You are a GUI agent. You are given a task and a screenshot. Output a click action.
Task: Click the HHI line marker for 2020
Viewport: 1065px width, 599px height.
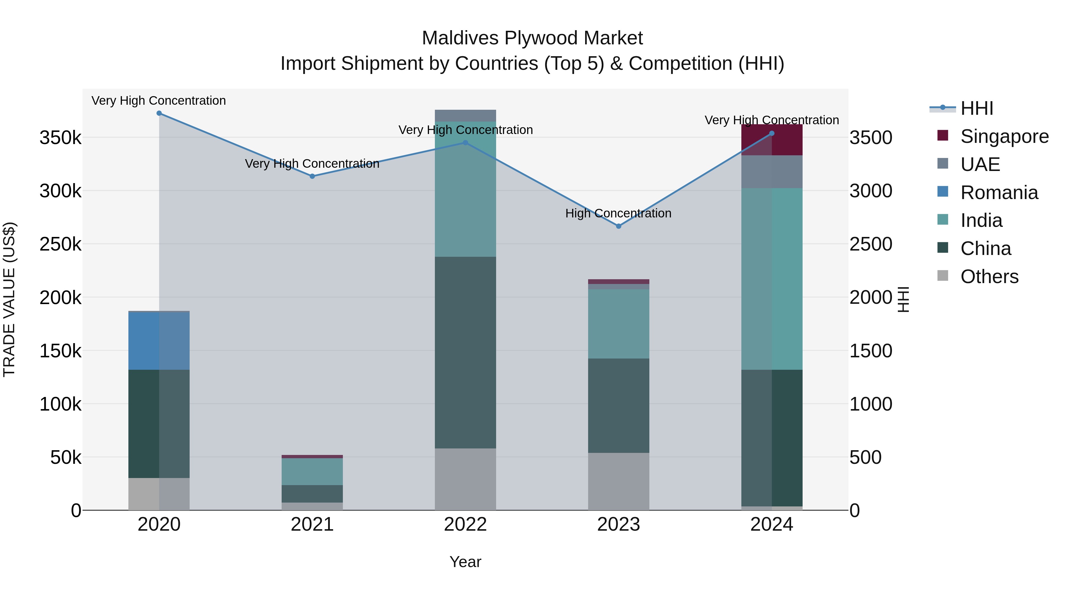(159, 113)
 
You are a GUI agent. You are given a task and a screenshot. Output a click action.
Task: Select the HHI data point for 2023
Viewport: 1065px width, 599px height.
(619, 226)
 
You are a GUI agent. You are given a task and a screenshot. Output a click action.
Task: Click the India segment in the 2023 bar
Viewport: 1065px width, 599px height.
(619, 323)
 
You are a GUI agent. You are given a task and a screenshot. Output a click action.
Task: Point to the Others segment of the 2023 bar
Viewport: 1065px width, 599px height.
(619, 481)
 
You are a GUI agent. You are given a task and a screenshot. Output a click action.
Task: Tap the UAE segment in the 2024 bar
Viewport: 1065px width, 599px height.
(772, 172)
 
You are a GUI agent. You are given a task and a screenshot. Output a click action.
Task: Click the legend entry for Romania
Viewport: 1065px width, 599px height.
(999, 193)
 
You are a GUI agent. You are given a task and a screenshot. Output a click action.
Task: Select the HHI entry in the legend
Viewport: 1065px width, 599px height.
(977, 108)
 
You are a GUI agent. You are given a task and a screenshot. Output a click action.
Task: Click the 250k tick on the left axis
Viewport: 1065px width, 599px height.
(60, 244)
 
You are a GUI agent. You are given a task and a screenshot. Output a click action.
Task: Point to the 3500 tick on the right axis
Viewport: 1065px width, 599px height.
(871, 138)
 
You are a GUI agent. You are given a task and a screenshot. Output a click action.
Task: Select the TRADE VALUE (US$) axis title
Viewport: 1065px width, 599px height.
(9, 299)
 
